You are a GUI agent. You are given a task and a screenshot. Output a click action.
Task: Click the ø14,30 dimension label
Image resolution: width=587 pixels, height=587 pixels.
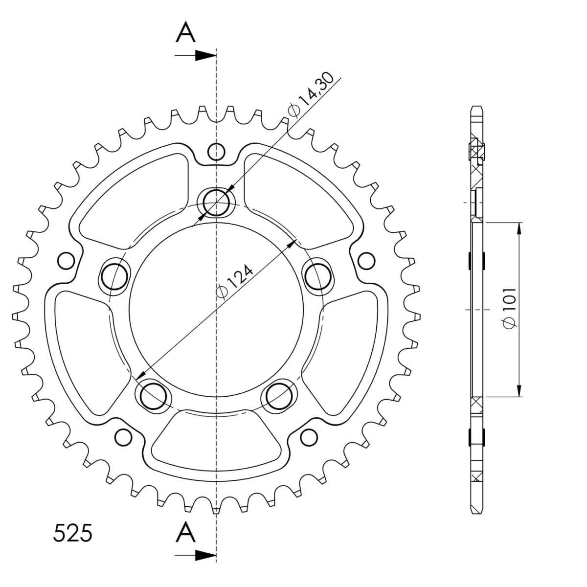coord(311,95)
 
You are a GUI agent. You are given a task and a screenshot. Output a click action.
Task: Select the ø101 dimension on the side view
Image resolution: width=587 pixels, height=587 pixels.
coord(510,308)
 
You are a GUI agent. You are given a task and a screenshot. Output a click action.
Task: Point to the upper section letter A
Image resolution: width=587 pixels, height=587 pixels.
coord(185,33)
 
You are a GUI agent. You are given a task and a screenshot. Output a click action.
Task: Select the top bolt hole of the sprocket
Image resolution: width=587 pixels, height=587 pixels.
coord(216,202)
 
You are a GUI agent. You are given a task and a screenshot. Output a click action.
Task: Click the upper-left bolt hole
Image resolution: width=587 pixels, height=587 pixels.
coord(114,277)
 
